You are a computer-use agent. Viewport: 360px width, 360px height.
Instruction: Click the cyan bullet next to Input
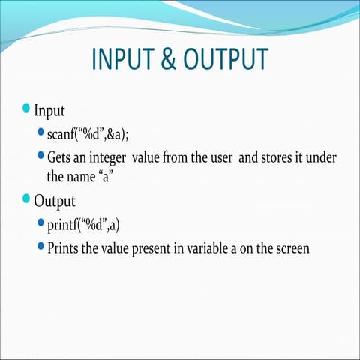[x=26, y=109]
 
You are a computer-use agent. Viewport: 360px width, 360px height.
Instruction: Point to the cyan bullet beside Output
[x=26, y=200]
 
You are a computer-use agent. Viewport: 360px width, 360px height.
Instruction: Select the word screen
[x=289, y=247]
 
